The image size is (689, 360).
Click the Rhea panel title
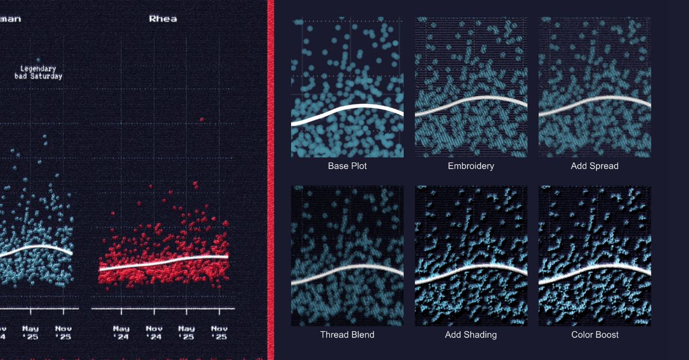click(163, 19)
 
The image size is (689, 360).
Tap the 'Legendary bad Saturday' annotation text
click(38, 72)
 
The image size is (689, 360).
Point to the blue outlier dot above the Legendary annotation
click(38, 59)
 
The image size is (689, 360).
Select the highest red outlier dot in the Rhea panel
click(202, 119)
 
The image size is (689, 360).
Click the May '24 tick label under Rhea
click(121, 332)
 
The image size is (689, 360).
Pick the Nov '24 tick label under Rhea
click(154, 332)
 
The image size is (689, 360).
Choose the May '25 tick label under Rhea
click(186, 332)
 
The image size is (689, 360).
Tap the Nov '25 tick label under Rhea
click(219, 332)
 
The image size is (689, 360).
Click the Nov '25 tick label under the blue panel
click(64, 332)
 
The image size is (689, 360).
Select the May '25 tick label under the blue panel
click(30, 332)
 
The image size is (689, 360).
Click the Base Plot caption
click(347, 166)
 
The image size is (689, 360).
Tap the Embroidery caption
click(471, 166)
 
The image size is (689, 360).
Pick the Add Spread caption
click(594, 166)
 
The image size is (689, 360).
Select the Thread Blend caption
click(347, 335)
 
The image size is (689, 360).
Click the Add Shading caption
click(471, 335)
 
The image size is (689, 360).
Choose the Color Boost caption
click(594, 335)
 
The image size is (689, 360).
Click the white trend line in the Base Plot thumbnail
click(347, 107)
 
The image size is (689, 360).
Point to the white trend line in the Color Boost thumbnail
click(594, 267)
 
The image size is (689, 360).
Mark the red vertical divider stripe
click(270, 180)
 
